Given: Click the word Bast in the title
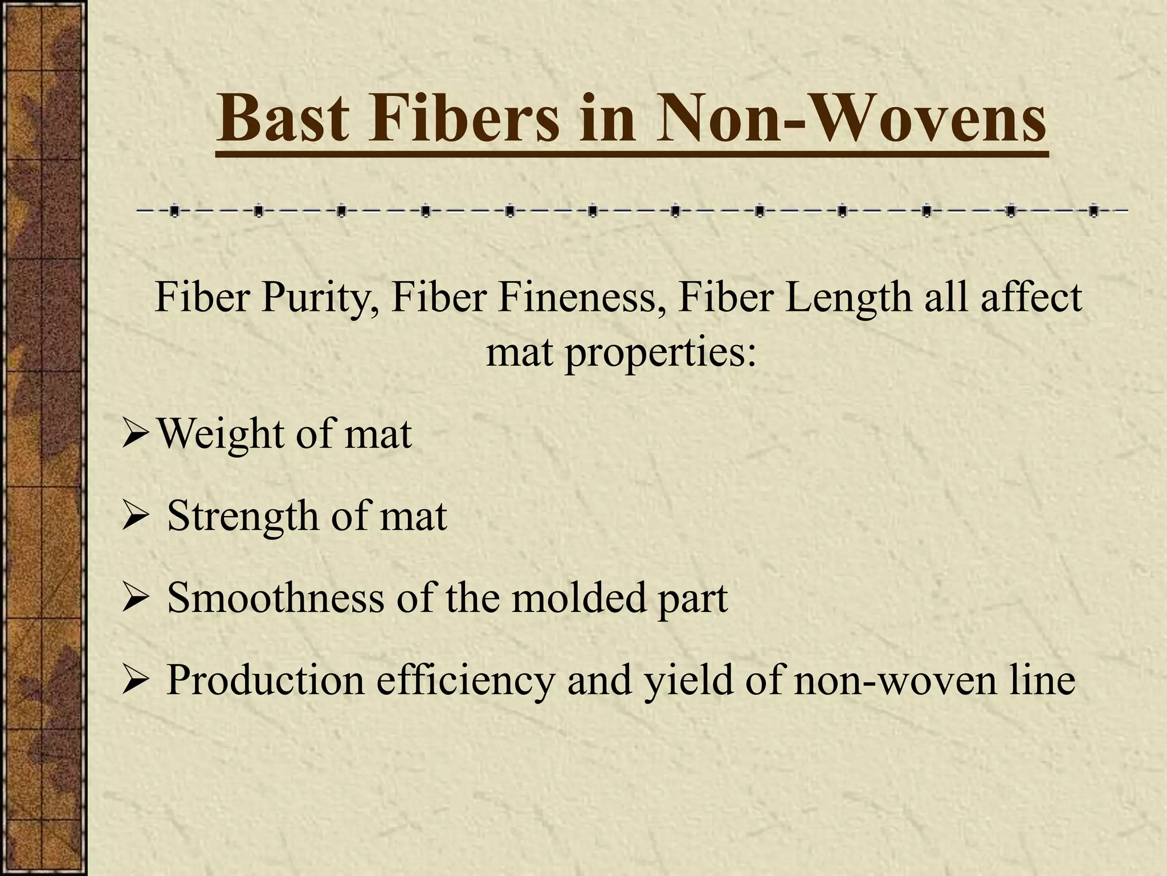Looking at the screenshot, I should (283, 119).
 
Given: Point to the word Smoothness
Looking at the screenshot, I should (276, 598).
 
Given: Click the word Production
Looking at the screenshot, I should (265, 680).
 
